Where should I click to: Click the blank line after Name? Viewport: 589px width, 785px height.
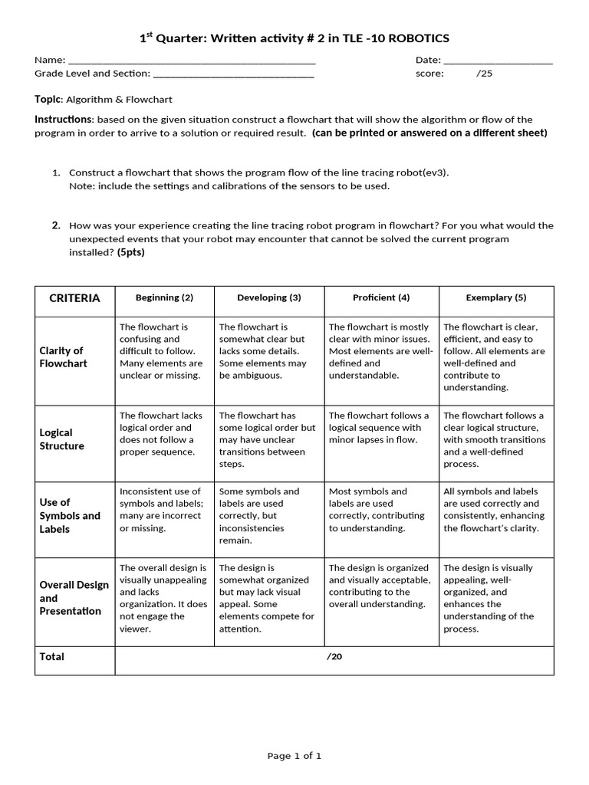coord(192,61)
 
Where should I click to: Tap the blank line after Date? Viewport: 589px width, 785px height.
coord(498,61)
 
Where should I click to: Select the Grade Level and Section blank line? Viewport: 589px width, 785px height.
coord(233,75)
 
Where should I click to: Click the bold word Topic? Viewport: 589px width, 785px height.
coord(48,99)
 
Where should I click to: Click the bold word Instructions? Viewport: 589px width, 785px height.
coord(63,120)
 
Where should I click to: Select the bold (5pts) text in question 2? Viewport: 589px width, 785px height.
coord(130,252)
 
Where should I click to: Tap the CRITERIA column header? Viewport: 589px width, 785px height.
coord(74,298)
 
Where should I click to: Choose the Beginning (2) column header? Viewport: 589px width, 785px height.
coord(164,297)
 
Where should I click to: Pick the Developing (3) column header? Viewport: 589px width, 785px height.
coord(269,297)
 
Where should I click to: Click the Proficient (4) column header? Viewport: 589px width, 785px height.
coord(381,297)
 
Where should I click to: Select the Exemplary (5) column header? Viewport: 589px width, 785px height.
coord(496,297)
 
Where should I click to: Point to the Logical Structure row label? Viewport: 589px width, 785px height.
coord(61,439)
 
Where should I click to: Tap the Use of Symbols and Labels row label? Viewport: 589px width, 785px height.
coord(69,516)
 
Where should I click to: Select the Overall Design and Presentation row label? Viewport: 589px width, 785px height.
coord(74,598)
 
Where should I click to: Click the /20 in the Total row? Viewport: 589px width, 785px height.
coord(334,657)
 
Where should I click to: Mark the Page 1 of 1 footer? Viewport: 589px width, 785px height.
coord(294,756)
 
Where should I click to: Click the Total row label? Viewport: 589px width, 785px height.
coord(52,657)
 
